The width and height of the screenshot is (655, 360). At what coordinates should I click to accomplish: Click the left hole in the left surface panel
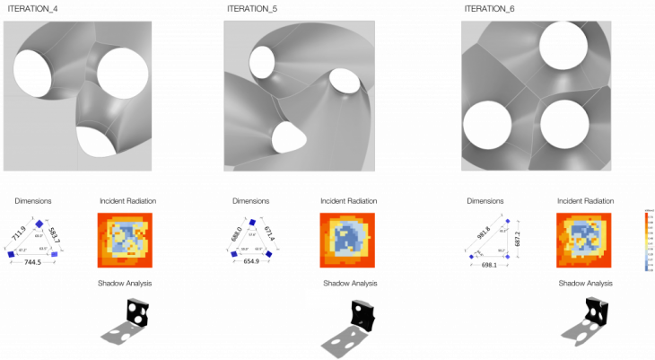(x=32, y=74)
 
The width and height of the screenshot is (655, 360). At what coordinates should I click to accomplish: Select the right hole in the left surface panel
(x=123, y=73)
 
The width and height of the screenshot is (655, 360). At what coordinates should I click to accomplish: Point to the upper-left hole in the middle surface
(x=262, y=62)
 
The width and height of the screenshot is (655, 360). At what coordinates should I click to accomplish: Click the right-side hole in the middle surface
(x=345, y=81)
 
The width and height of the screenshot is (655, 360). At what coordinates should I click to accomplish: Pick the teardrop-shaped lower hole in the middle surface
(x=288, y=137)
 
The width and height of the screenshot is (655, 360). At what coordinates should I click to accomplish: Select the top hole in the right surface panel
(x=563, y=45)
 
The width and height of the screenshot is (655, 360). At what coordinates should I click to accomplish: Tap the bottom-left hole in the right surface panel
(x=487, y=125)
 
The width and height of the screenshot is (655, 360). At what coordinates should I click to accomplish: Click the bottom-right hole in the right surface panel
(x=564, y=124)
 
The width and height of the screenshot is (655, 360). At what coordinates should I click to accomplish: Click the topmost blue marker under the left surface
(x=39, y=224)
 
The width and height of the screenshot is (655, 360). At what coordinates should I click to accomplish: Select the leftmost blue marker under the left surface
(x=11, y=254)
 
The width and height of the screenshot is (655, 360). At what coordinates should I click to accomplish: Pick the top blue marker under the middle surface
(x=253, y=222)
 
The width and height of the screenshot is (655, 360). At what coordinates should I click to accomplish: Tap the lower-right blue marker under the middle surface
(x=268, y=254)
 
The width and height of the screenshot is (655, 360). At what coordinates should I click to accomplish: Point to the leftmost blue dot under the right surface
(x=471, y=257)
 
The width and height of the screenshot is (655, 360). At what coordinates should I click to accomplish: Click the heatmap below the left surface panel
(x=125, y=240)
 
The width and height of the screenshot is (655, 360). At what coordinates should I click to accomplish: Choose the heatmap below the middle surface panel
(x=347, y=240)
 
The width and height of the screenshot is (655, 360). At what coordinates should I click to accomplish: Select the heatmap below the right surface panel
(x=584, y=240)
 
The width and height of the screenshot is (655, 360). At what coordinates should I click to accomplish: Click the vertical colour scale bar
(x=649, y=240)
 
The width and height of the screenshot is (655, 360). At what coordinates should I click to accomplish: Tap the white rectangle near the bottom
(x=322, y=299)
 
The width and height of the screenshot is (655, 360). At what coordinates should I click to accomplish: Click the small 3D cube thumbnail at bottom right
(x=596, y=311)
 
